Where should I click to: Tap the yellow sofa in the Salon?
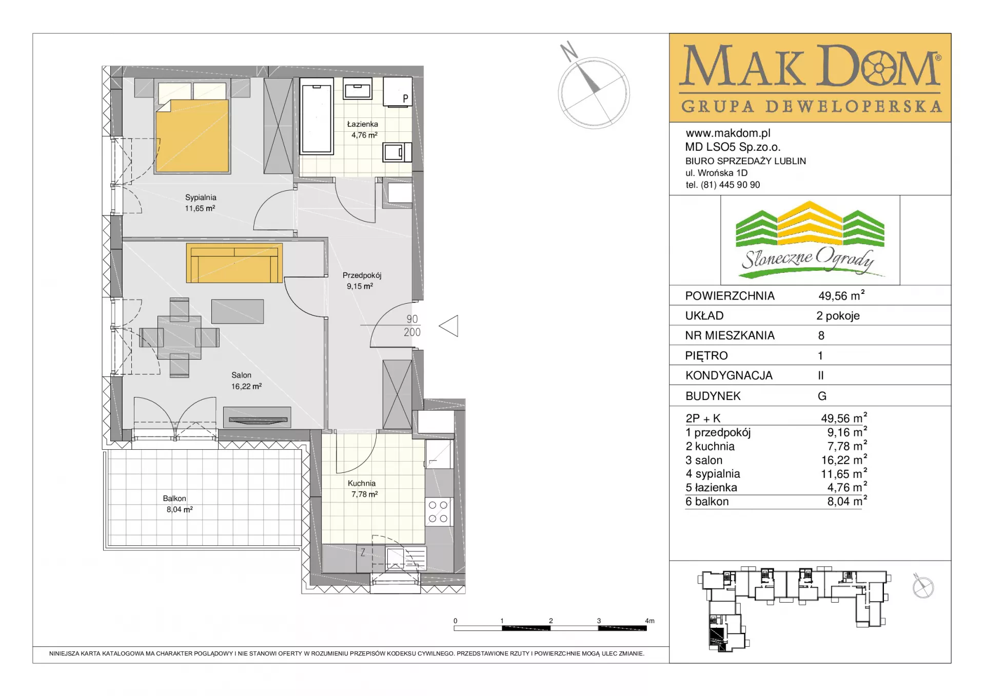coord(234,263)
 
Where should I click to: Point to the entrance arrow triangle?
coord(449,326)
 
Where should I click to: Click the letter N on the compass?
coord(568,51)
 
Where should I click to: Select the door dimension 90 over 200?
coord(412,326)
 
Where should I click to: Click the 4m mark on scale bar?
coord(649,621)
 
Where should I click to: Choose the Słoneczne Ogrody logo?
coord(810,240)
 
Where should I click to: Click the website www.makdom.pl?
coord(728,133)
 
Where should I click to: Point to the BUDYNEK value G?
coord(822,396)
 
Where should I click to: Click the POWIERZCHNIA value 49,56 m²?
coord(841,295)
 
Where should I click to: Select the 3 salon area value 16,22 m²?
coord(847,460)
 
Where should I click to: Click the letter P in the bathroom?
coord(405,98)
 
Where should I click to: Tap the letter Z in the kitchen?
coord(363,552)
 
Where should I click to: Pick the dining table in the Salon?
coord(179,337)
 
